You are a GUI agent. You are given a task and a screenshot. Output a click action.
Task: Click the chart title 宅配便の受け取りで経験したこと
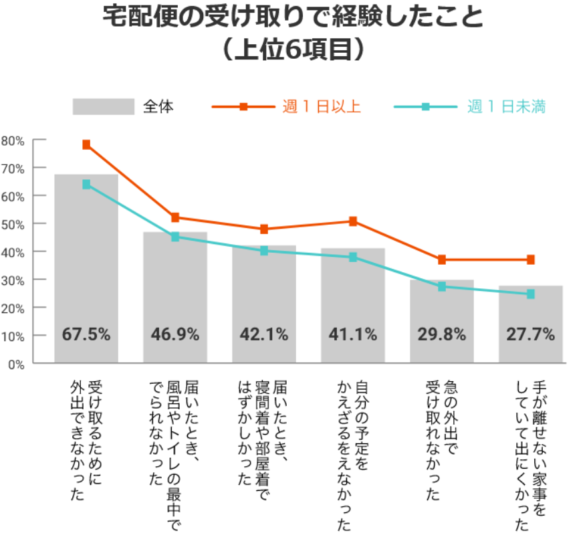coord(293,17)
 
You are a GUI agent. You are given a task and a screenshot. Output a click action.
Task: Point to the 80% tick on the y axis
coord(13,140)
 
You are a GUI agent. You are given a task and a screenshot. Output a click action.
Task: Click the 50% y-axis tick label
coord(13,224)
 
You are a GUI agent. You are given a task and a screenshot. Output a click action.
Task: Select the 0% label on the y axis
coord(16,364)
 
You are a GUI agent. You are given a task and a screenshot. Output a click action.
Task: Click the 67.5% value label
coord(86,334)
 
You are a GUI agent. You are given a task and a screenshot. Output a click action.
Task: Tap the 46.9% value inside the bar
coord(175,334)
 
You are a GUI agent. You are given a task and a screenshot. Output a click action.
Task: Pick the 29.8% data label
coord(442,334)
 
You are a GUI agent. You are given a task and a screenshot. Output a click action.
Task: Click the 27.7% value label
coord(531,334)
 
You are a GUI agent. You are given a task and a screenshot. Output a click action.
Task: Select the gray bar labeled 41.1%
coord(353,294)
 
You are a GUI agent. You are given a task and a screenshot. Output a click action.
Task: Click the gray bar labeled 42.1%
coord(264,294)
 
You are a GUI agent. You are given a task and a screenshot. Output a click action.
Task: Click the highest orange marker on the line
coord(86,144)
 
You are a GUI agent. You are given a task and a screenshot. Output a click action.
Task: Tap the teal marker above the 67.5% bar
coord(86,184)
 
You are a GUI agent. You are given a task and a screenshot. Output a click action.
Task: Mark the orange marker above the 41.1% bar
coord(353,221)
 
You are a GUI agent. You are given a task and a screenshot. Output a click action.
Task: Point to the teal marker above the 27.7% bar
coord(531,294)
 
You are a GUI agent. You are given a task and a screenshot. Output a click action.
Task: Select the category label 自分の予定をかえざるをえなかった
coord(352,455)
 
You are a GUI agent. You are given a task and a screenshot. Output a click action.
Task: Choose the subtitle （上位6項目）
coord(293,49)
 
